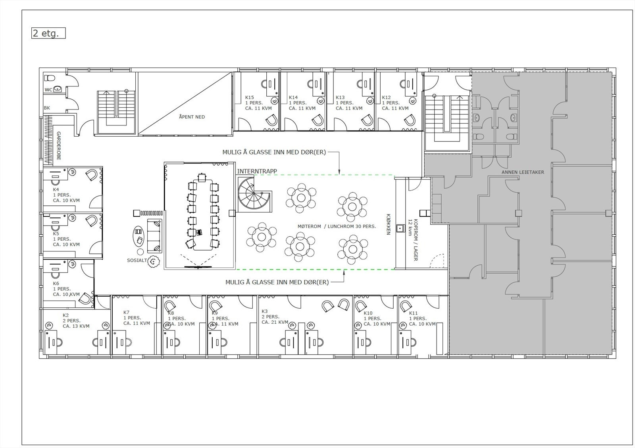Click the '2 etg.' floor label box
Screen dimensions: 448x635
click(48, 33)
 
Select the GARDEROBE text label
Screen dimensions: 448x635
click(59, 146)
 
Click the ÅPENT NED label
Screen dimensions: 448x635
click(192, 117)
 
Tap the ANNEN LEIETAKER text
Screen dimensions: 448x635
click(523, 172)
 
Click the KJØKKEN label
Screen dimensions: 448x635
click(389, 224)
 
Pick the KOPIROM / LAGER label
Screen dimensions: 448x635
click(413, 240)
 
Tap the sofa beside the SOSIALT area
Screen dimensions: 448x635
click(154, 236)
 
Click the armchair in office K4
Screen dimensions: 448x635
click(92, 174)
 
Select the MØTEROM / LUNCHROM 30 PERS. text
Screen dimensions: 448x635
click(337, 226)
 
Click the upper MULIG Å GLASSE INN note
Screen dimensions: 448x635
click(274, 152)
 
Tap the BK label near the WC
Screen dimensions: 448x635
click(47, 108)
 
